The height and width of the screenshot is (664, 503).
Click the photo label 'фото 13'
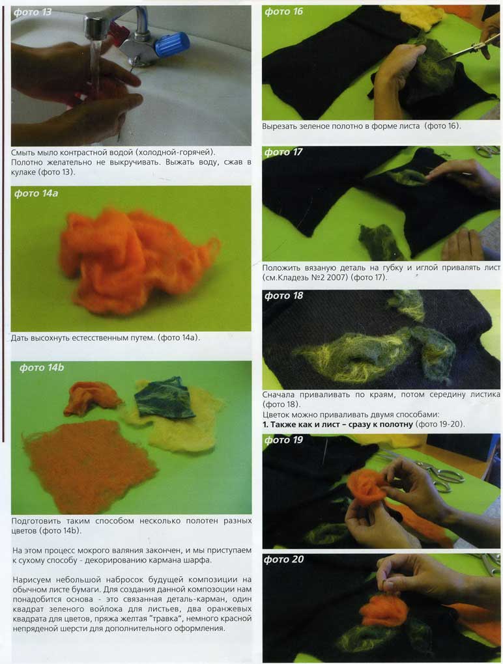coord(32,12)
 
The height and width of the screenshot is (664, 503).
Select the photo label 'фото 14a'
coord(36,193)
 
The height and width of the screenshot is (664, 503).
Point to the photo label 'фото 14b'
coord(42,368)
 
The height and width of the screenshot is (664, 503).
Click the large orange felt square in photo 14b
coord(87,463)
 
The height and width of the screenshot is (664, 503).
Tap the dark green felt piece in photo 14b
coord(163,397)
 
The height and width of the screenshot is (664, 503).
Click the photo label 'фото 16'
coord(283,12)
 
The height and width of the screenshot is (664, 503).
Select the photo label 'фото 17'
coord(283,152)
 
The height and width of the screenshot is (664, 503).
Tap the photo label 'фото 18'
coord(283,296)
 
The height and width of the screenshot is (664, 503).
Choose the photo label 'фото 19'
coord(283,440)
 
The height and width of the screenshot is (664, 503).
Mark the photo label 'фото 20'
coord(283,559)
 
